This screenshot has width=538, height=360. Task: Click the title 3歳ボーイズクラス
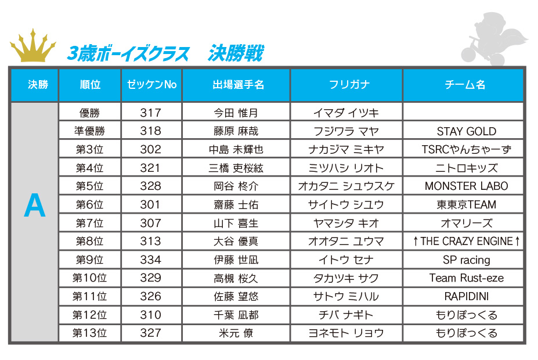coord(129,54)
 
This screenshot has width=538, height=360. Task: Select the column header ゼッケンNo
coord(151,85)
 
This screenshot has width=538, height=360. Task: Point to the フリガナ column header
coord(346,85)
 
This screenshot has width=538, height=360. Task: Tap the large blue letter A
coord(35,206)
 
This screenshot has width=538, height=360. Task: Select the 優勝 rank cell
coord(90,113)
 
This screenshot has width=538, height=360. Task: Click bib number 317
coord(151,113)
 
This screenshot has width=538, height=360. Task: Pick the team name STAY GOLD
coord(466,131)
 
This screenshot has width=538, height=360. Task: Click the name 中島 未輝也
coord(236,150)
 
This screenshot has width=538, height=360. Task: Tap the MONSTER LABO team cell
coord(466,186)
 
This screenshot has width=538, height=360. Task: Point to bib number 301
coord(151,205)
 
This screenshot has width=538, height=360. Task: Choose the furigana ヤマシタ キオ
coord(346,223)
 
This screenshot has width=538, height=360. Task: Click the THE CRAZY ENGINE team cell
coord(466,242)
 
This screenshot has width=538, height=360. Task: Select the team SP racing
coord(466,260)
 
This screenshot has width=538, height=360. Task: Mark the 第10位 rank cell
coord(90,278)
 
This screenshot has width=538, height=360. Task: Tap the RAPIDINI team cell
coord(466,297)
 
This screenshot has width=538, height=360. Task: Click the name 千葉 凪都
coord(236,315)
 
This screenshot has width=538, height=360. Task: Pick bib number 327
coord(151,333)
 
